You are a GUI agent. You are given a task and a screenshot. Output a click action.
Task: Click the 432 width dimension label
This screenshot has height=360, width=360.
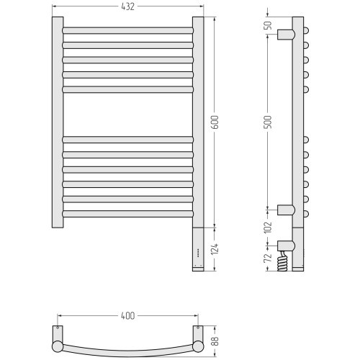tap(127, 6)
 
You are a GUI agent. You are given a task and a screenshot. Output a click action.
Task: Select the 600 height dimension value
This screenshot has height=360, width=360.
tap(215, 122)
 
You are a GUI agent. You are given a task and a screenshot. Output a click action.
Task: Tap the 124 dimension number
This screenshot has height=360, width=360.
tap(215, 249)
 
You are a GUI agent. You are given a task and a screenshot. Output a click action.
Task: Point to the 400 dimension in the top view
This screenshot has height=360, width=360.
tap(128, 316)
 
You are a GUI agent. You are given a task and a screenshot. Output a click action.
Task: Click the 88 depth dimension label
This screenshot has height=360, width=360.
tap(215, 341)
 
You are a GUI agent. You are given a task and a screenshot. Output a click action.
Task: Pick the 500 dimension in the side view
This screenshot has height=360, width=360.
tap(269, 122)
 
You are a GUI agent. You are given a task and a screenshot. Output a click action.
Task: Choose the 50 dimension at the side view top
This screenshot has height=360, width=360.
tap(269, 25)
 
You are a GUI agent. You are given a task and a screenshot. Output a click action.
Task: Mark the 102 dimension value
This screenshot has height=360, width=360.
tap(269, 227)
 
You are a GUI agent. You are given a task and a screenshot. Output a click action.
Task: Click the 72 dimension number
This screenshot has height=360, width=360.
tap(269, 258)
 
